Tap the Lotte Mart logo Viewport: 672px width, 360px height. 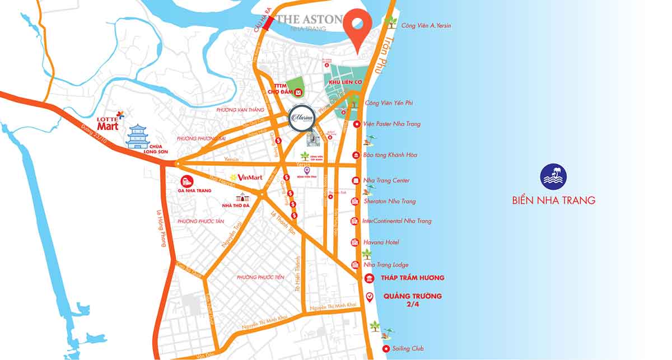coord(110,123)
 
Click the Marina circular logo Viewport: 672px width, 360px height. coord(302,118)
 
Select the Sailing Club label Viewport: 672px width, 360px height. coord(409,349)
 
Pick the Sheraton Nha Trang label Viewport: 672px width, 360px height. coord(390,201)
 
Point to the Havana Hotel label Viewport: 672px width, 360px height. coord(381,242)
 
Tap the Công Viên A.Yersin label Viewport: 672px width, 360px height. coord(426,26)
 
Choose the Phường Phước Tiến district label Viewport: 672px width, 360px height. coord(260,277)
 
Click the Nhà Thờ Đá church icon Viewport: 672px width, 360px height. coord(243,197)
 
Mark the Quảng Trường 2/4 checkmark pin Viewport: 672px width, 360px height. coord(369,297)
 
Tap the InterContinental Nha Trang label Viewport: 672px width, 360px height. coord(397,221)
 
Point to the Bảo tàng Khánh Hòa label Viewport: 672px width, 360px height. coord(390,155)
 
